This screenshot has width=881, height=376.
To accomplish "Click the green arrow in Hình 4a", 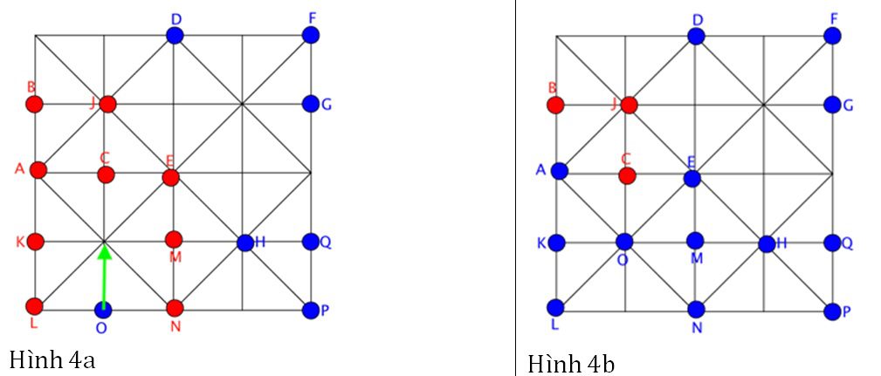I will pos(104,277).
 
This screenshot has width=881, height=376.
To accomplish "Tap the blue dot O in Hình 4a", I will pos(104,309).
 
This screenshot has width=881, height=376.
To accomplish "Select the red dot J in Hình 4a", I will pos(107,104).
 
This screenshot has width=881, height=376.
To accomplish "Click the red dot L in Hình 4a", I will pos(34,306).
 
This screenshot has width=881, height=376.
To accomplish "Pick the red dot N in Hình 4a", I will pos(175,308).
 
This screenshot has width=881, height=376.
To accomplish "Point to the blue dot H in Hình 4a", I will pos(244,243).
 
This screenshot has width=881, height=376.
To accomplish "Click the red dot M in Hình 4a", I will pos(174,239).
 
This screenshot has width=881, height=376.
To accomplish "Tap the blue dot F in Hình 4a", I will pos(310,35).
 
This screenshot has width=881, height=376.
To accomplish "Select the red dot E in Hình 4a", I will pos(170,178).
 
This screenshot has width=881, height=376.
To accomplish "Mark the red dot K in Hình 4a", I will pos(35,241).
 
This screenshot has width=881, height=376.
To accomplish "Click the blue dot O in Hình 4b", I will pos(624,242).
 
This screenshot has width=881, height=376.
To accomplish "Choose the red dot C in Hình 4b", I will pos(626,175).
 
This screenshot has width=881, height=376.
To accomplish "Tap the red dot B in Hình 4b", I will pos(555,105).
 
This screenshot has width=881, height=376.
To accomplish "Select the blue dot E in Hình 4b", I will pos(692,179).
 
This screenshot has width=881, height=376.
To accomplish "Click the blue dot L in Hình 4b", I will pos(556,307).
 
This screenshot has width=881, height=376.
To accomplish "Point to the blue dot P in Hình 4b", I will pos(832,311).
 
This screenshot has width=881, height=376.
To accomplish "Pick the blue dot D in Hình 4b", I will pos(696,36).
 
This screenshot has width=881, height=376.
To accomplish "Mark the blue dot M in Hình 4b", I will pos(695,240).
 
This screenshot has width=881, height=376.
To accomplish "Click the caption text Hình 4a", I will pos(52,359).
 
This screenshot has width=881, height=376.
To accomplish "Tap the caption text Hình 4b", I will pos(571,362).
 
